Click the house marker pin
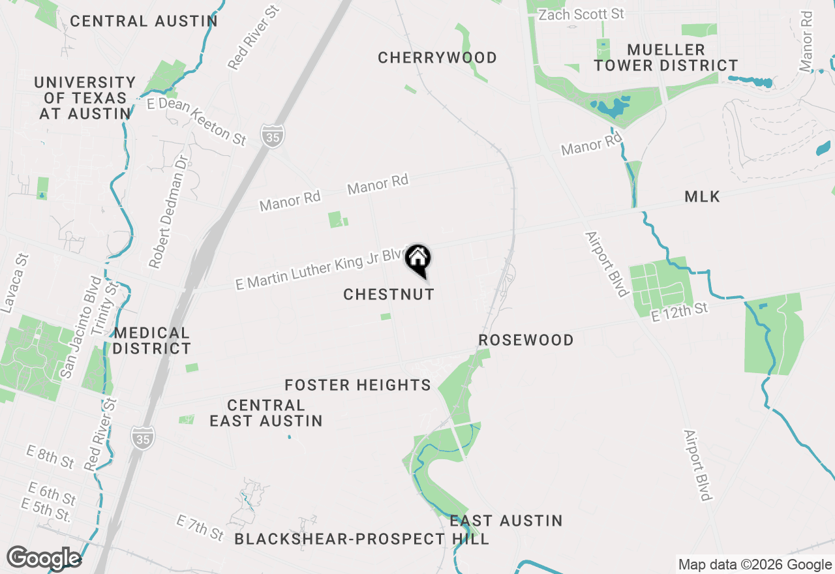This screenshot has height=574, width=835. coord(417,260)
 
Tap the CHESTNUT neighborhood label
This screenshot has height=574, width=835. coord(389,294)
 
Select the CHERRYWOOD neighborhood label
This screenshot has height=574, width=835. coord(437,58)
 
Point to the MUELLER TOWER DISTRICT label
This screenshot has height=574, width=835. coord(665,57)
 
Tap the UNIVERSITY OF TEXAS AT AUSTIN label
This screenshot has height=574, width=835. coord(85,98)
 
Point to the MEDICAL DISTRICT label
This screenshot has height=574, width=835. coord(151,340)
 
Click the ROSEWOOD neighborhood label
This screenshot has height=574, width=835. coord(526,340)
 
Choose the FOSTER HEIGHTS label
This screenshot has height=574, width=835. coord(357,385)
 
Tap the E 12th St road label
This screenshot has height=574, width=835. coord(679,312)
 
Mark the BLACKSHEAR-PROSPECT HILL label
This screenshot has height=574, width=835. coord(361,539)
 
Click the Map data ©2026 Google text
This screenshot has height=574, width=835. coord(755,565)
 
